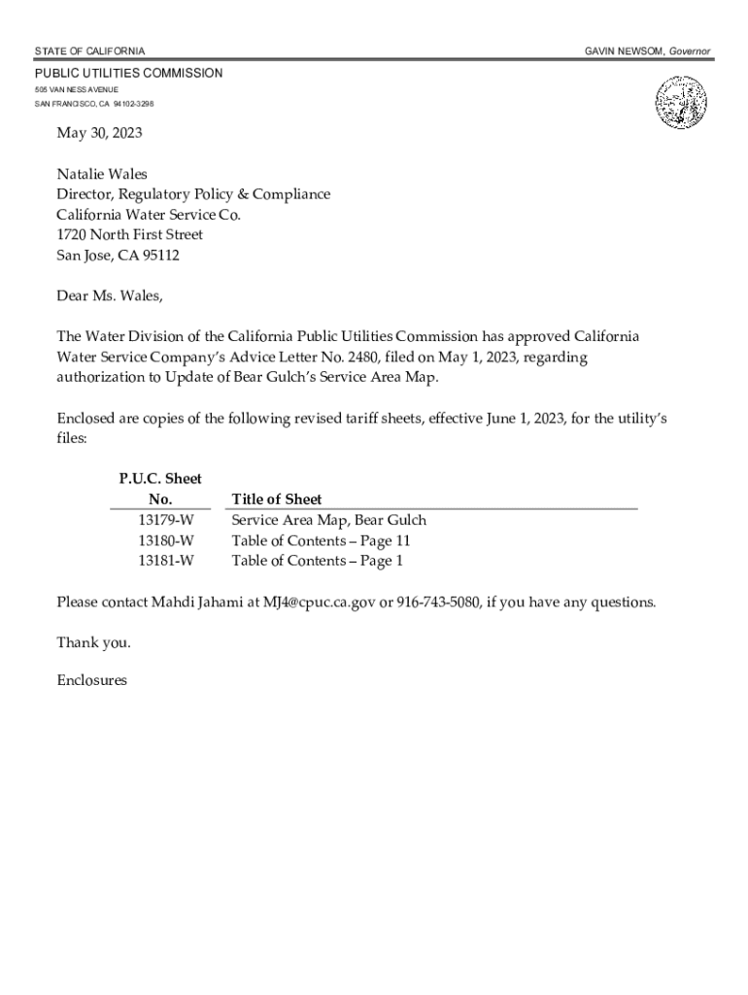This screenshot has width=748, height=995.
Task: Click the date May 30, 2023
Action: coord(92,133)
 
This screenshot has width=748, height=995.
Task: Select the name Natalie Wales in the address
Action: coord(102,174)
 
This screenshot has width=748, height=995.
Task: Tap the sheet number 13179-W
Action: coord(165,520)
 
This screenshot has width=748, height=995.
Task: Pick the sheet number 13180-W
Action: coord(165,540)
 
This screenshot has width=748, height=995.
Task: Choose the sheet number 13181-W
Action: coord(165,561)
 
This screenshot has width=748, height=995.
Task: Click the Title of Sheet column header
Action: coord(277,499)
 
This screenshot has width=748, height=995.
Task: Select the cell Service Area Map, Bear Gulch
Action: coord(328,520)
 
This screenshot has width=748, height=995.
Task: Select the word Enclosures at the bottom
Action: coord(92,681)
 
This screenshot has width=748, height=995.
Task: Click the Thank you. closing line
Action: coord(93,642)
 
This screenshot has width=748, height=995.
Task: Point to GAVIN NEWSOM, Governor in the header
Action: coord(647,51)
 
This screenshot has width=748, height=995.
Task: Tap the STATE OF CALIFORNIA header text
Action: coord(90,51)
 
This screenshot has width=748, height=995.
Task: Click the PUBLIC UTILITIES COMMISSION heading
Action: coord(129,74)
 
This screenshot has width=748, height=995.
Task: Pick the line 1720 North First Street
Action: coord(129,235)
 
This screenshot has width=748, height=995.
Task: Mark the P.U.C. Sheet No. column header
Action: coord(160,489)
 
